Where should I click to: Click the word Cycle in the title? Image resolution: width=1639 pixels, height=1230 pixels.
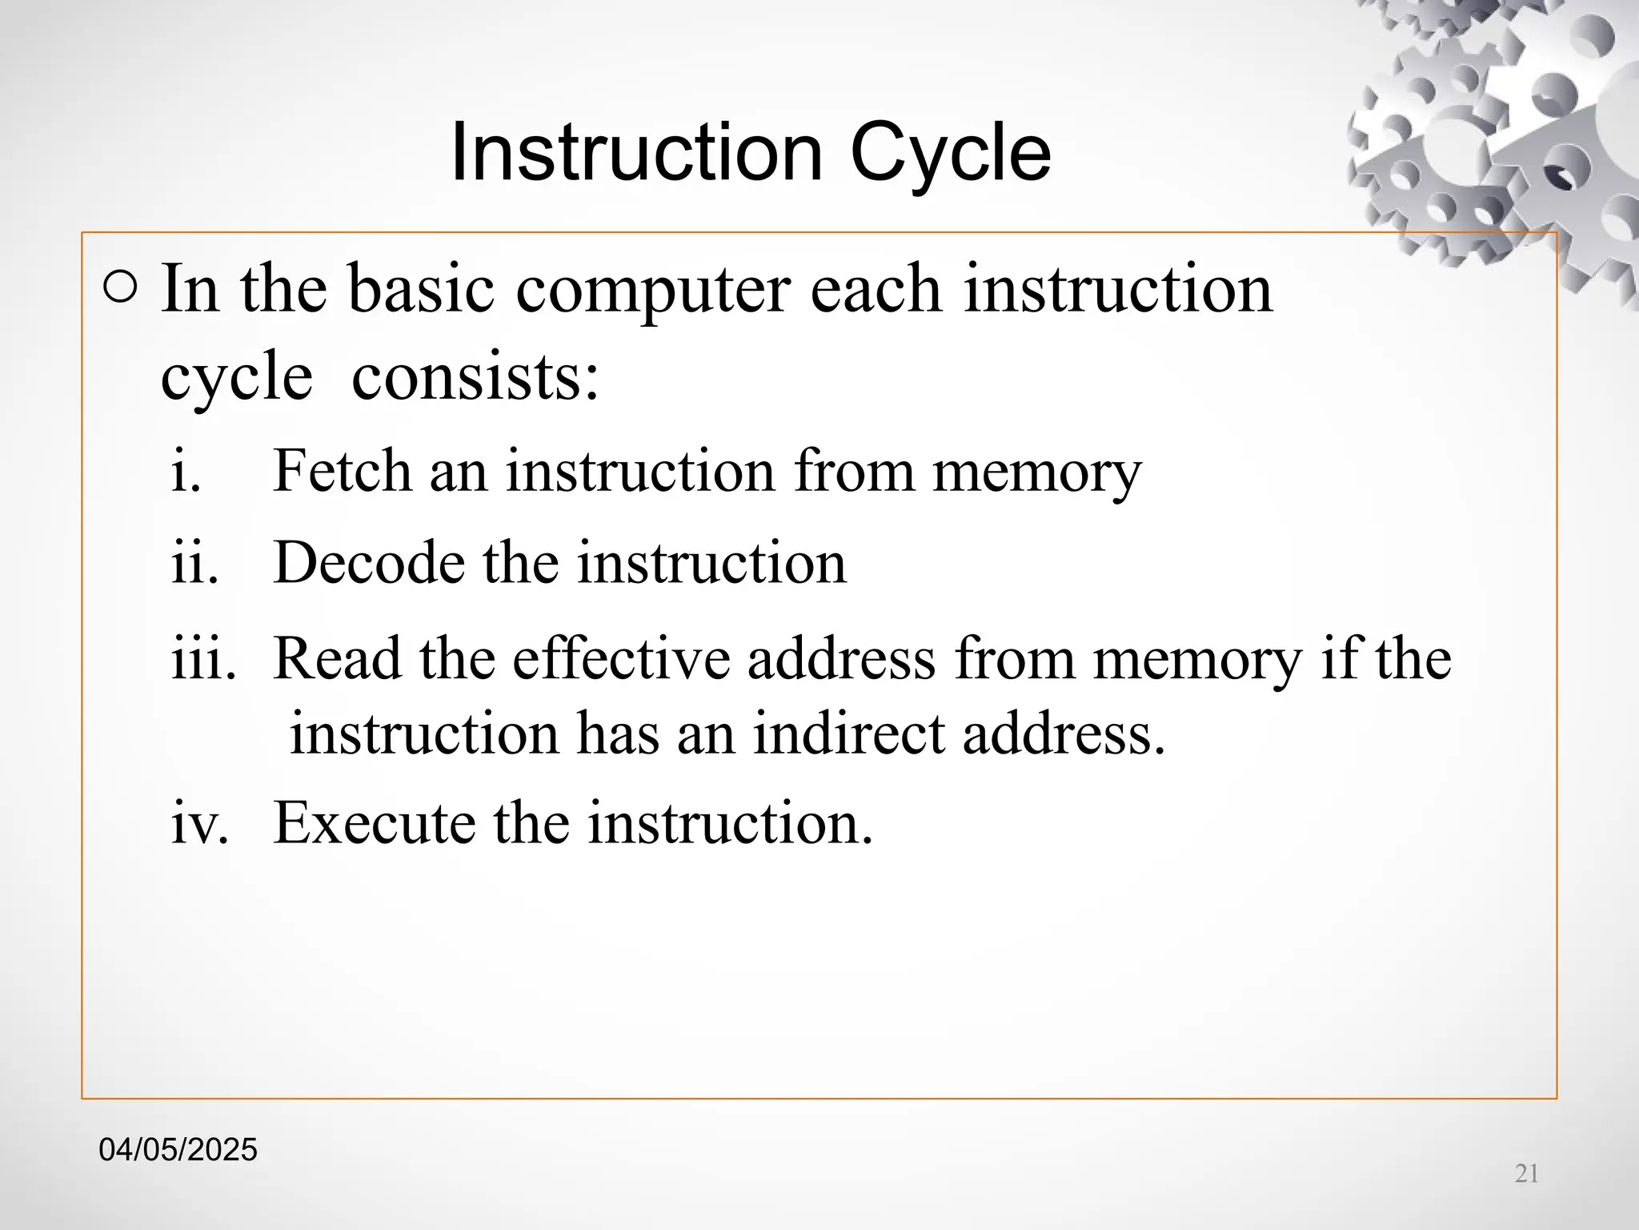[950, 154]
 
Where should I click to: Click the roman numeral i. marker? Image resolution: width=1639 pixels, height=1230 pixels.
[186, 471]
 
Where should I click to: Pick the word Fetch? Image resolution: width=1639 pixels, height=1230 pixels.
[343, 471]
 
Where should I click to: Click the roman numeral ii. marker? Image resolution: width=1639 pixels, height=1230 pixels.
[194, 563]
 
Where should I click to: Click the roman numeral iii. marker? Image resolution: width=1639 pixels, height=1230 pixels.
[204, 658]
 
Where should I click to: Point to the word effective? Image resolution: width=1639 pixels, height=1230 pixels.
[621, 658]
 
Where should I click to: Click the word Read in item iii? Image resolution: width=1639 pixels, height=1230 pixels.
[337, 658]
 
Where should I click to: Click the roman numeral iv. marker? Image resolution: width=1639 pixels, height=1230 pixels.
[200, 823]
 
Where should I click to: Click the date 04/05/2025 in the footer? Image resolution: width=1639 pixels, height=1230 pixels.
[178, 1150]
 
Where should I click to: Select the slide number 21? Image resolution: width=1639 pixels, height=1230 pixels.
[1527, 1174]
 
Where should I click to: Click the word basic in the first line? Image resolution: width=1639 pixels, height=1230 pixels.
[421, 289]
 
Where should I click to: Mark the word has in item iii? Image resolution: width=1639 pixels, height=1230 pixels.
[617, 734]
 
